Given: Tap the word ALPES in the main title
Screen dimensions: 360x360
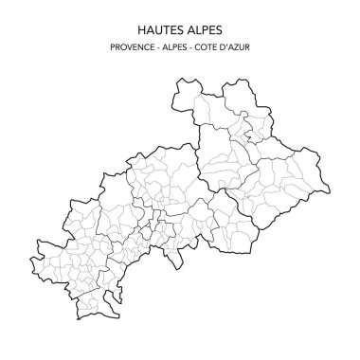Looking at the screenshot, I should [x=205, y=27].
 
